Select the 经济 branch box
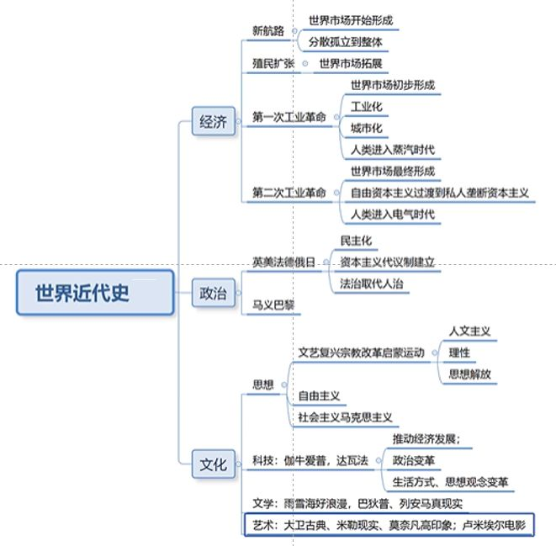pos(213,122)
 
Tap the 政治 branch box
pos(213,294)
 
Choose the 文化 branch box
pos(213,464)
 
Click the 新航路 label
pos(268,31)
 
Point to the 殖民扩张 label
pos(274,64)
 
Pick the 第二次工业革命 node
pos(289,193)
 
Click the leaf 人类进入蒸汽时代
pos(393,151)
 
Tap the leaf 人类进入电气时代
pos(393,214)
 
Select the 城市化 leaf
pos(366,129)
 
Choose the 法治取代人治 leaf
pos(371,284)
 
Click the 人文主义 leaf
pos(469,331)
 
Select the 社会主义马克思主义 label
pos(345,416)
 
